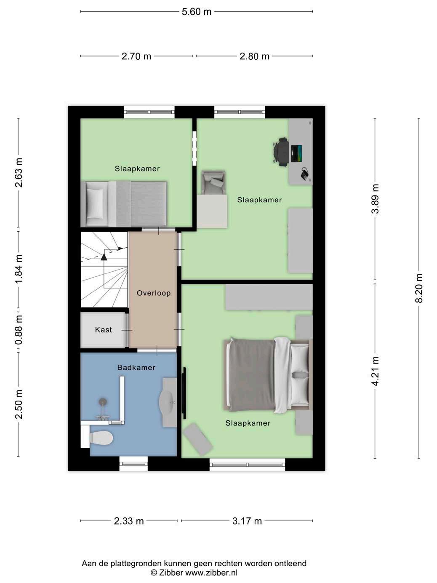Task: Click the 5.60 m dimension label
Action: [196, 12]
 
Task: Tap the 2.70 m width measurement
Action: [136, 56]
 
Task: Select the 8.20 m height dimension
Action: [419, 288]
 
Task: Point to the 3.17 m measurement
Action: [247, 521]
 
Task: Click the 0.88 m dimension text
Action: [19, 330]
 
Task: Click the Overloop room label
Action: [153, 293]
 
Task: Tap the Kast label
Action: [103, 329]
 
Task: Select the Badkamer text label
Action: [136, 367]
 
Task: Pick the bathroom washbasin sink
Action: [167, 403]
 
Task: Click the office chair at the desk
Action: [281, 152]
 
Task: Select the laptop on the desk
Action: [296, 153]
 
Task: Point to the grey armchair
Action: [213, 182]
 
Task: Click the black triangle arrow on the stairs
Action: [104, 257]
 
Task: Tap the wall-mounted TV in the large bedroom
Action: [184, 393]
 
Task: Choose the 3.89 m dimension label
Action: [375, 198]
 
